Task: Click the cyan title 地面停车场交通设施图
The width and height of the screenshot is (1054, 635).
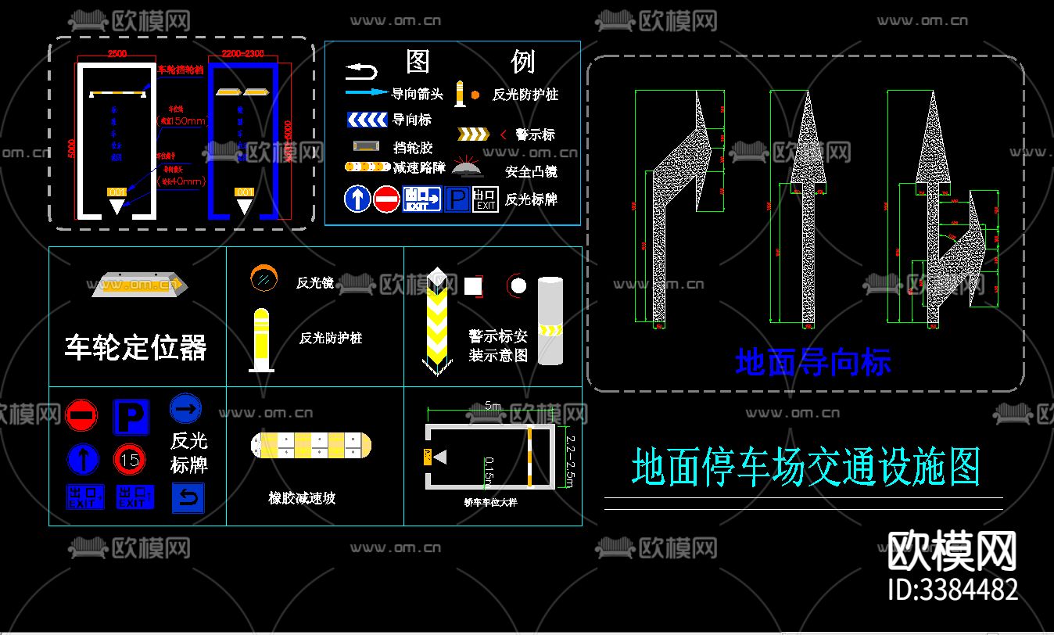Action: pos(805,467)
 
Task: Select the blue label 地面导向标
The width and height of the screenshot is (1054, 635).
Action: pos(813,363)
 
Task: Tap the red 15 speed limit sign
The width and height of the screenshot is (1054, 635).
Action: pos(130,460)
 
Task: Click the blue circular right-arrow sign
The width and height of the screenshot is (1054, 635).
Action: pos(185,408)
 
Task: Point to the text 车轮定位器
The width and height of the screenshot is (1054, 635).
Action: pos(135,347)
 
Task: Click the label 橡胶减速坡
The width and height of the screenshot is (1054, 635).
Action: pos(302,497)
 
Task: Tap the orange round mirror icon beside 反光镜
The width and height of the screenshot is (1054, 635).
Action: pos(263,278)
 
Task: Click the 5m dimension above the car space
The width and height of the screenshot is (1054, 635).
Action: pos(493,406)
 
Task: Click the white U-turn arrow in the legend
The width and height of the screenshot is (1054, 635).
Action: pos(361,72)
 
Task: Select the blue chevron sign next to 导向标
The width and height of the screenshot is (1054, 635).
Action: pos(367,120)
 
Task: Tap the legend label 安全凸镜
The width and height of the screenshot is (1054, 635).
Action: pos(531,172)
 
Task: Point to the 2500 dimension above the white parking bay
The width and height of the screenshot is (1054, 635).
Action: pos(117,54)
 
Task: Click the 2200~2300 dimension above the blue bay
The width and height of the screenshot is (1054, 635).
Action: pos(242,54)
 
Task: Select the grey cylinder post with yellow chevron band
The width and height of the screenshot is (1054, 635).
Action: pos(550,321)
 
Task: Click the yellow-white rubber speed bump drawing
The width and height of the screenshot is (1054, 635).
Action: pos(310,446)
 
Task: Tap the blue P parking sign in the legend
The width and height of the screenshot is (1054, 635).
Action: pos(457,199)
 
